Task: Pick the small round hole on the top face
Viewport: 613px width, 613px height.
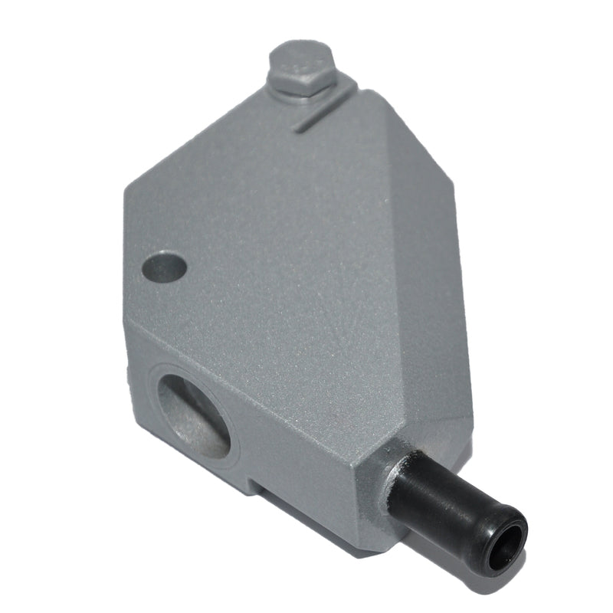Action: [165, 267]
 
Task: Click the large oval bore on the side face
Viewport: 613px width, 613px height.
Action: [193, 414]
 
